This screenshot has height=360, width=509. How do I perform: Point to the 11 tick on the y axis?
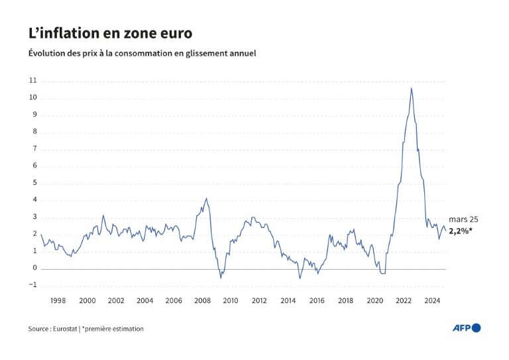point(33,81)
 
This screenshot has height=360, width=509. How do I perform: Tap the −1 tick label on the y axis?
point(32,286)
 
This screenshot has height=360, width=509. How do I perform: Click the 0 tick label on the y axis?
point(34,269)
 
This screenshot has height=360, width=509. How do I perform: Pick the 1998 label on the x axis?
point(58,300)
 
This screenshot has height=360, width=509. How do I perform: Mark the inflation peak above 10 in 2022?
point(411,88)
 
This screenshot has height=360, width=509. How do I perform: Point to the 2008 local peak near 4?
point(206,198)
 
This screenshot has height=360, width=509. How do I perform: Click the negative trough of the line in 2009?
point(221,277)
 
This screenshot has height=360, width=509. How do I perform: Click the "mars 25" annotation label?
point(463,219)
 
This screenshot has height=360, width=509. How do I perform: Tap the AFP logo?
point(467,328)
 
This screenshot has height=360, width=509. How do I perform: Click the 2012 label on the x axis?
point(259,300)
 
